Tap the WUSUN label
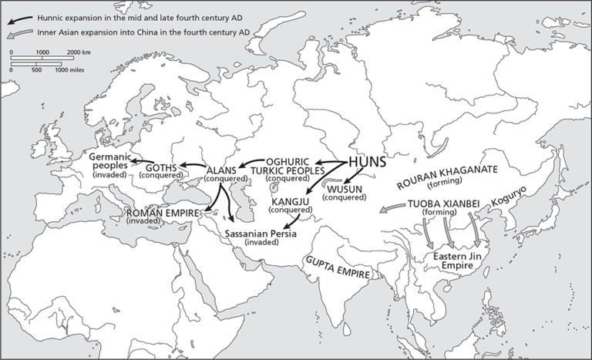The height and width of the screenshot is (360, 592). point(345,189)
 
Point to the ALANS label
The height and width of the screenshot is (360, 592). point(225,170)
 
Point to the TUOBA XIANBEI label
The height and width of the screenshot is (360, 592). point(442,204)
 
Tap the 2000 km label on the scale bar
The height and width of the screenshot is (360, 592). point(79,50)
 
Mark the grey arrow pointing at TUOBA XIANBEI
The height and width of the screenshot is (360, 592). point(393,208)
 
